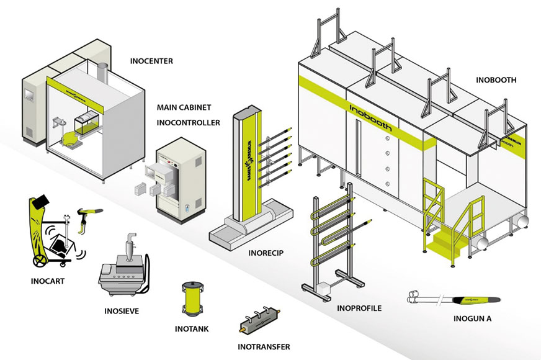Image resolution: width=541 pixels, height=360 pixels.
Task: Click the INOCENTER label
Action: (151, 61)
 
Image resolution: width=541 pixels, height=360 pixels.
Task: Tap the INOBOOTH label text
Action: (496, 80)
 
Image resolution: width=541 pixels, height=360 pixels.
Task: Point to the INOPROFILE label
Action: (359, 308)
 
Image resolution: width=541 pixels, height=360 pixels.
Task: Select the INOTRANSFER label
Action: (264, 347)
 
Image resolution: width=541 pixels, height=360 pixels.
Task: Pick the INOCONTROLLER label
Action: (188, 122)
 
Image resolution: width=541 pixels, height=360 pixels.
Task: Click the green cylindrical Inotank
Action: (194, 299)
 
